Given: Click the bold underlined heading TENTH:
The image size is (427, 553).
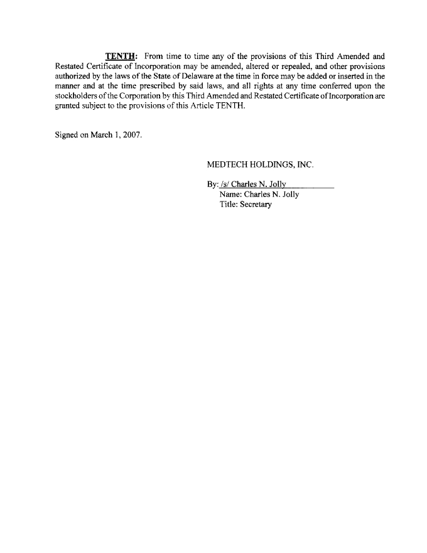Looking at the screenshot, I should pos(121,56).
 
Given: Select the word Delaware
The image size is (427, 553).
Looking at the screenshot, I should pos(181,76).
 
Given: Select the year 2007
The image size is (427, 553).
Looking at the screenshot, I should pos(132,137).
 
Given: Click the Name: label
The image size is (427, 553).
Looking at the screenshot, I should pos(232,195).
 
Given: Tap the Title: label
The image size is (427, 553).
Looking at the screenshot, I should pos(230,205).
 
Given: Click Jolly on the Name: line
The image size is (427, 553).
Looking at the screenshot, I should pos(289,195).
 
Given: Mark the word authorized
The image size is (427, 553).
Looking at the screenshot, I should pos(73,76).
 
